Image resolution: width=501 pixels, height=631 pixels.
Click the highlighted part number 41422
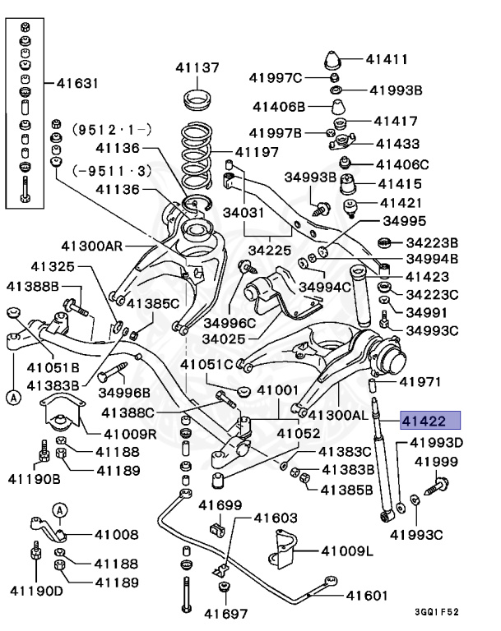424,422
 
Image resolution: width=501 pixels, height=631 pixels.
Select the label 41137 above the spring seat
197,67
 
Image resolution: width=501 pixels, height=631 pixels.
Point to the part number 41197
257,151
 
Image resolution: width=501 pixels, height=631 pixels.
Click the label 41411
387,59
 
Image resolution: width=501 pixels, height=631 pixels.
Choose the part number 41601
366,596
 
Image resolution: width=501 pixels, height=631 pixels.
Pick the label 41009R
131,433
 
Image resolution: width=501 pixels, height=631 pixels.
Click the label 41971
420,381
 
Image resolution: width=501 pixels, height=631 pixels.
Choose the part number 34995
404,221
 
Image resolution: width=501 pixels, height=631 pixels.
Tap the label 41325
53,266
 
